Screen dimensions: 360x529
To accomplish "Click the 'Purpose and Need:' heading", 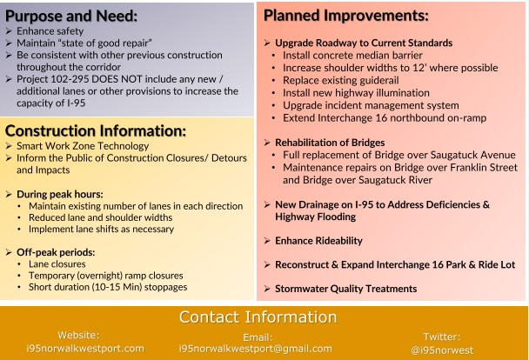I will point(71,16).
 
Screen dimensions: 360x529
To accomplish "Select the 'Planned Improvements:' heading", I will point(345,16).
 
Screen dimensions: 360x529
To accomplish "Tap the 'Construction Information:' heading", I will point(96,130).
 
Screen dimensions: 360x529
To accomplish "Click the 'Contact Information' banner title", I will point(264,317).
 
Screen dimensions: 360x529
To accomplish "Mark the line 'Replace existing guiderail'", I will point(345,80).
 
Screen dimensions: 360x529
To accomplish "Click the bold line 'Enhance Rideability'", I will point(318,241).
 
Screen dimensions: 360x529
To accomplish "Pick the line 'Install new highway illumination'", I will point(356,92).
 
